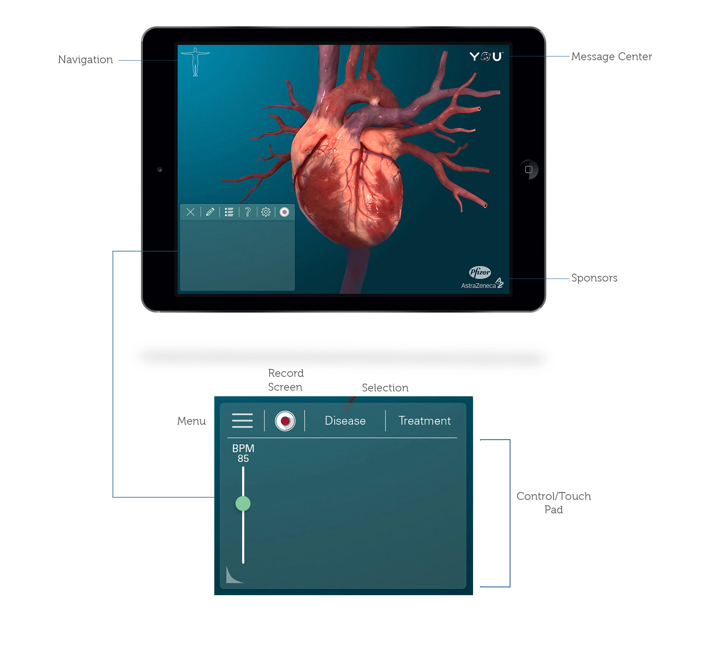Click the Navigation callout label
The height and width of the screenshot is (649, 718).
pos(85,60)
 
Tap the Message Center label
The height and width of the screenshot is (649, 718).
pos(611,56)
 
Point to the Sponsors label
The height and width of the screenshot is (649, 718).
pos(594,278)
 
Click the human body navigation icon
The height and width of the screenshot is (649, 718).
pos(195,62)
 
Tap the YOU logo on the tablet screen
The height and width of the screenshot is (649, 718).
pos(486,56)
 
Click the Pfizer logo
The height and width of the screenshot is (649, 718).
pos(480,272)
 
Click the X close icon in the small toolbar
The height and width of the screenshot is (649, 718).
pos(190,212)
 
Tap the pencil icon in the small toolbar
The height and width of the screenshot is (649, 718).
pos(210,212)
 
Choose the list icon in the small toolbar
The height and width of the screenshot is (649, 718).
pos(229,212)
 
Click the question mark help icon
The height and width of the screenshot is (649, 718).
pos(248,212)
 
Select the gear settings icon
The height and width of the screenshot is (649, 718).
pos(266,212)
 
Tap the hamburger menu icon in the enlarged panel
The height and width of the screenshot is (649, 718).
pos(242,421)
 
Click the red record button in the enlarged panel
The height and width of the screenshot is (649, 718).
pos(285,421)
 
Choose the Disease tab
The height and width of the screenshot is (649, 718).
pos(345,421)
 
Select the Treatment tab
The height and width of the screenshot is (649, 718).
pos(424,421)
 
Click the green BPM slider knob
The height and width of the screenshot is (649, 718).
pos(243,504)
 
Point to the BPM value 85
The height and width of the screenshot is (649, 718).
pos(243,459)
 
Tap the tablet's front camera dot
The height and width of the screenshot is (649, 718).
pos(160,170)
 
